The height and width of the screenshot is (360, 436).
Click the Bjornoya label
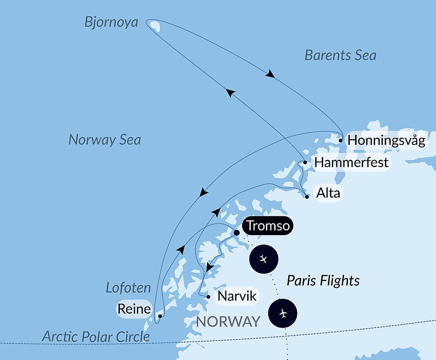[111, 22]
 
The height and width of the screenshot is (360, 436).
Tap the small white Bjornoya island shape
[155, 27]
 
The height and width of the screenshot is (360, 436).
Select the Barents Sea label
[340, 55]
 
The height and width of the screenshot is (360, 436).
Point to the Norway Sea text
[105, 140]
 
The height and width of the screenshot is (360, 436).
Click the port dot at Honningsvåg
[341, 141]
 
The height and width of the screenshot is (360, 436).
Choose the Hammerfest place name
[351, 163]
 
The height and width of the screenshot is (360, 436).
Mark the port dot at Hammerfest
[305, 162]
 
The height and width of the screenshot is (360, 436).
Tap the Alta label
[328, 193]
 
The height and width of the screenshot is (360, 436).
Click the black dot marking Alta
[307, 196]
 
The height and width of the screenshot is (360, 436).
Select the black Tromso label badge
[268, 226]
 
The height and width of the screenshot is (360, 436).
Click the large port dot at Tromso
[237, 233]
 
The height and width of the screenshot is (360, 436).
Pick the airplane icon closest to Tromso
[263, 259]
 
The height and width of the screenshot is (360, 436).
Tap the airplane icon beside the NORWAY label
[283, 313]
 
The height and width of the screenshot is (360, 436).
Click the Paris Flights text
[323, 281]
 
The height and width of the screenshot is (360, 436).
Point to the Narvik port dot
[208, 297]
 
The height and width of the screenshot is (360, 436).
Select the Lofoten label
[128, 288]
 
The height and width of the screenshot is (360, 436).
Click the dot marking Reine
[160, 316]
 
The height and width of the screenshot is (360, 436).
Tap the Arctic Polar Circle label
[96, 336]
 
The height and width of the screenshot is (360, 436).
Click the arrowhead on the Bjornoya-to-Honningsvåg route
[270, 74]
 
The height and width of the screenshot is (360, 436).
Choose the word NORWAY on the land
[228, 322]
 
